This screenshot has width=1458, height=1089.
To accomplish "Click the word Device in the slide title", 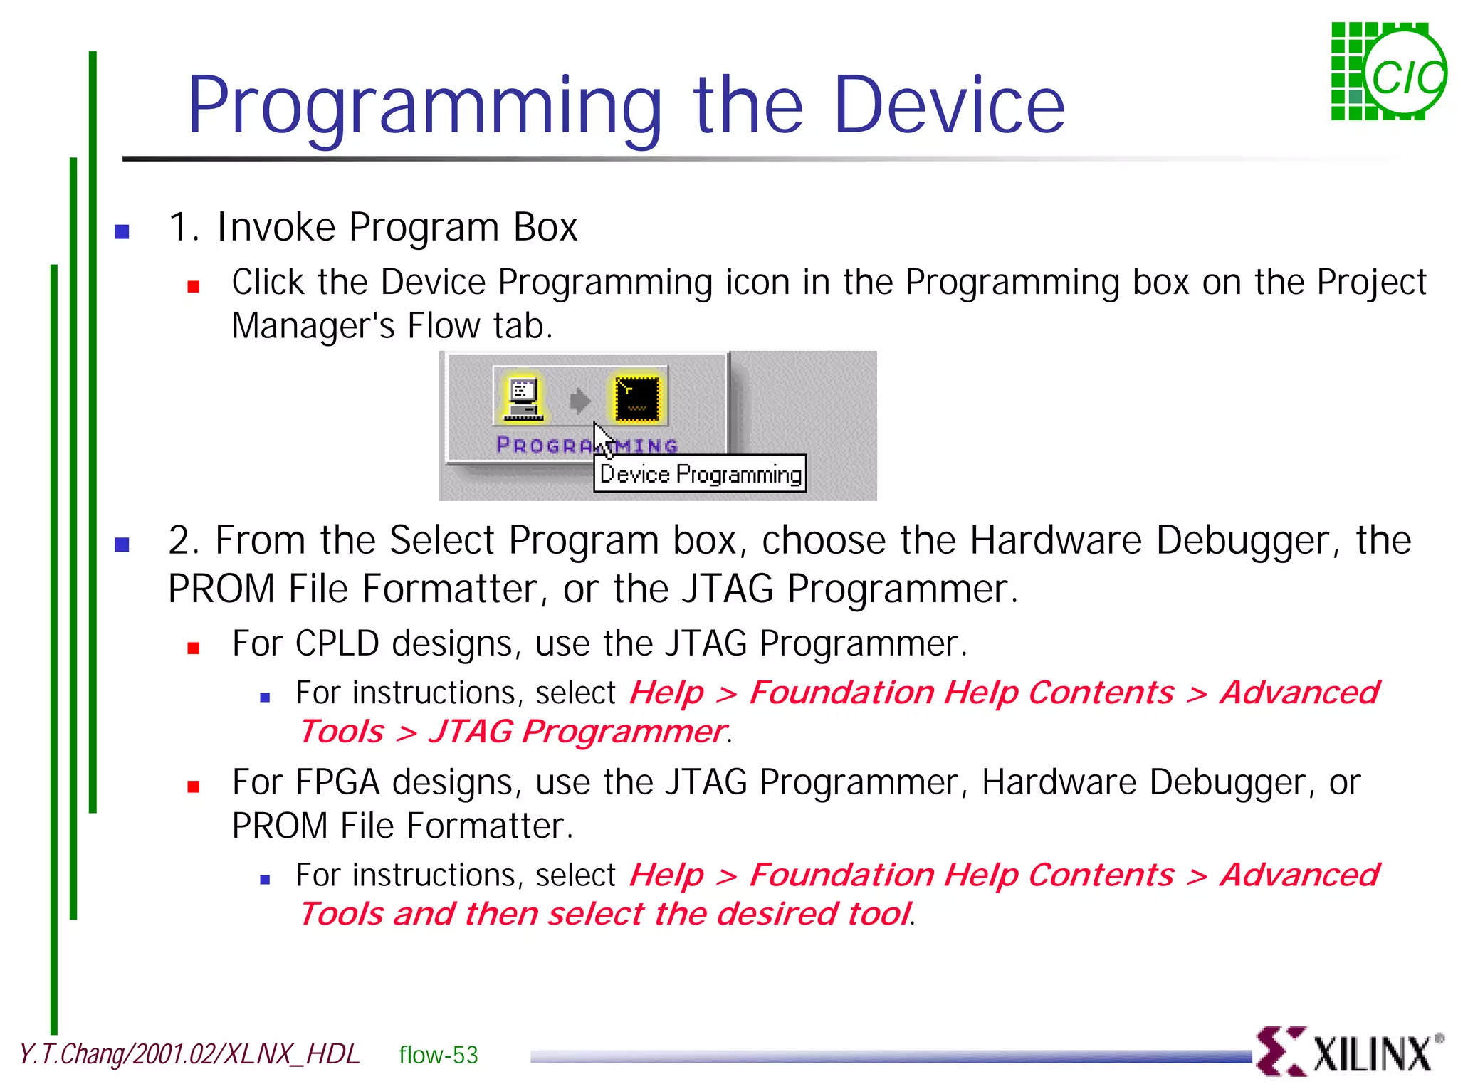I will pos(948,105).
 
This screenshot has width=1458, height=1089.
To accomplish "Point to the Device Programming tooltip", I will pos(701,474).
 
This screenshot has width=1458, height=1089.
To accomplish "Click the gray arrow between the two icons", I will pos(580,401).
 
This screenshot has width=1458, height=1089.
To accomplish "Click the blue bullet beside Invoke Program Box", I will pos(122,231).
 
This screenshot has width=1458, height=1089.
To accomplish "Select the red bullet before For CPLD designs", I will pos(193,648).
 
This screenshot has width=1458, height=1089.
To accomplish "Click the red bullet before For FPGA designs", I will pos(193,786).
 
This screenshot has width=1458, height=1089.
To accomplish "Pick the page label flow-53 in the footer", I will pos(438,1055).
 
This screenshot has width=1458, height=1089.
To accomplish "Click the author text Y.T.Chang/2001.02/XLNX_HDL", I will pos(189,1054).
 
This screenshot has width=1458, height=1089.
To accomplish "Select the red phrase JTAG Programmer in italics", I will pos(577,732).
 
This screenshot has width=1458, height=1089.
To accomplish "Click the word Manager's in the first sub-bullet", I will pos(313,326).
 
